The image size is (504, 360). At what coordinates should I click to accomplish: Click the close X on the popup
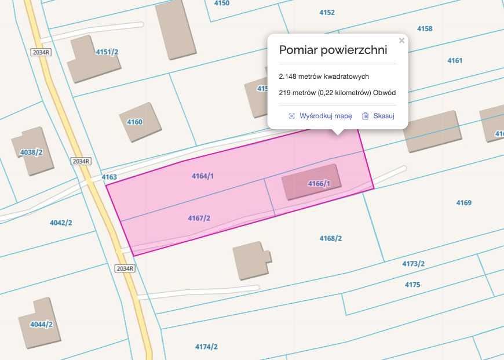401,41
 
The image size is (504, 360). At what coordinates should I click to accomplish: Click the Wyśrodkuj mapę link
325,116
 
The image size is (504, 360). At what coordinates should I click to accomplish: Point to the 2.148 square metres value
324,77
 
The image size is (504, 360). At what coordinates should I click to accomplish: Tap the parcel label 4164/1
203,176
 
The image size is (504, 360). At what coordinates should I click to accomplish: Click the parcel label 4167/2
199,218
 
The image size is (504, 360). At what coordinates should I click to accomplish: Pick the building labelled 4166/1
310,183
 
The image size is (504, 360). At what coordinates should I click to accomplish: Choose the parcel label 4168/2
331,238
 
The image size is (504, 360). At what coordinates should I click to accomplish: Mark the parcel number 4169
463,203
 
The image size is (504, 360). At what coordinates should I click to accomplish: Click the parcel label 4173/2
414,264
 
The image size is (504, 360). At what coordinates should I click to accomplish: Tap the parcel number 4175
412,285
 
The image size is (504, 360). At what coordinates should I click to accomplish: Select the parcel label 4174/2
206,347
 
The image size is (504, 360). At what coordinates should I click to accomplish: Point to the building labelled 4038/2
32,151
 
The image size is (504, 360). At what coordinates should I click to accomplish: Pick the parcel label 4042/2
61,223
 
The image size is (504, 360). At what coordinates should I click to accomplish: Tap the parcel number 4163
109,177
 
